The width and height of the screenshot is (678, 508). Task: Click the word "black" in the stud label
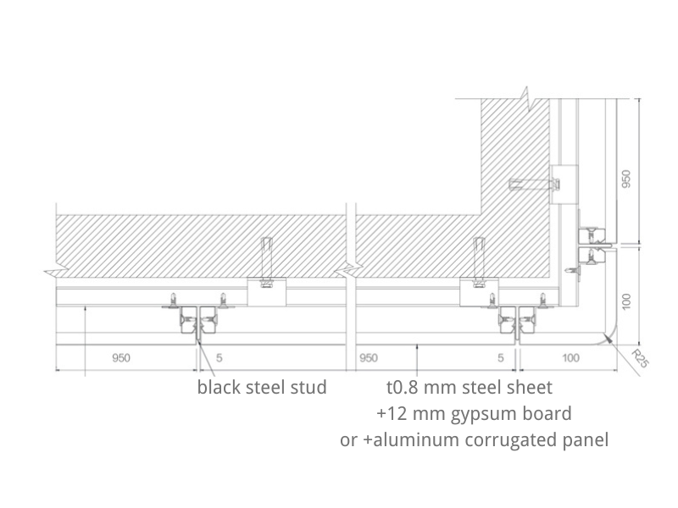pyautogui.click(x=219, y=389)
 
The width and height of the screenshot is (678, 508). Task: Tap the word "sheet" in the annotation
pyautogui.click(x=531, y=389)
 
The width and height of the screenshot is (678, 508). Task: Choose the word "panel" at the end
pyautogui.click(x=586, y=440)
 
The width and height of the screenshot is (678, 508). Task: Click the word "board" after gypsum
pyautogui.click(x=549, y=414)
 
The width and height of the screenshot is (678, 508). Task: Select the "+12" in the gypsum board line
pyautogui.click(x=391, y=414)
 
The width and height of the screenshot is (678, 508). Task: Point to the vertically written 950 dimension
pyautogui.click(x=627, y=179)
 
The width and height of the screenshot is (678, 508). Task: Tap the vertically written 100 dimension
pyautogui.click(x=627, y=301)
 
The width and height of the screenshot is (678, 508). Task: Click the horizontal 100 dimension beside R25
pyautogui.click(x=571, y=358)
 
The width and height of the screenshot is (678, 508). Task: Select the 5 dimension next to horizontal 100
pyautogui.click(x=502, y=358)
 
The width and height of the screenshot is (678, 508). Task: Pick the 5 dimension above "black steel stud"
pyautogui.click(x=219, y=358)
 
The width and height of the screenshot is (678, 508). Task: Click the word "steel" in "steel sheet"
pyautogui.click(x=485, y=389)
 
